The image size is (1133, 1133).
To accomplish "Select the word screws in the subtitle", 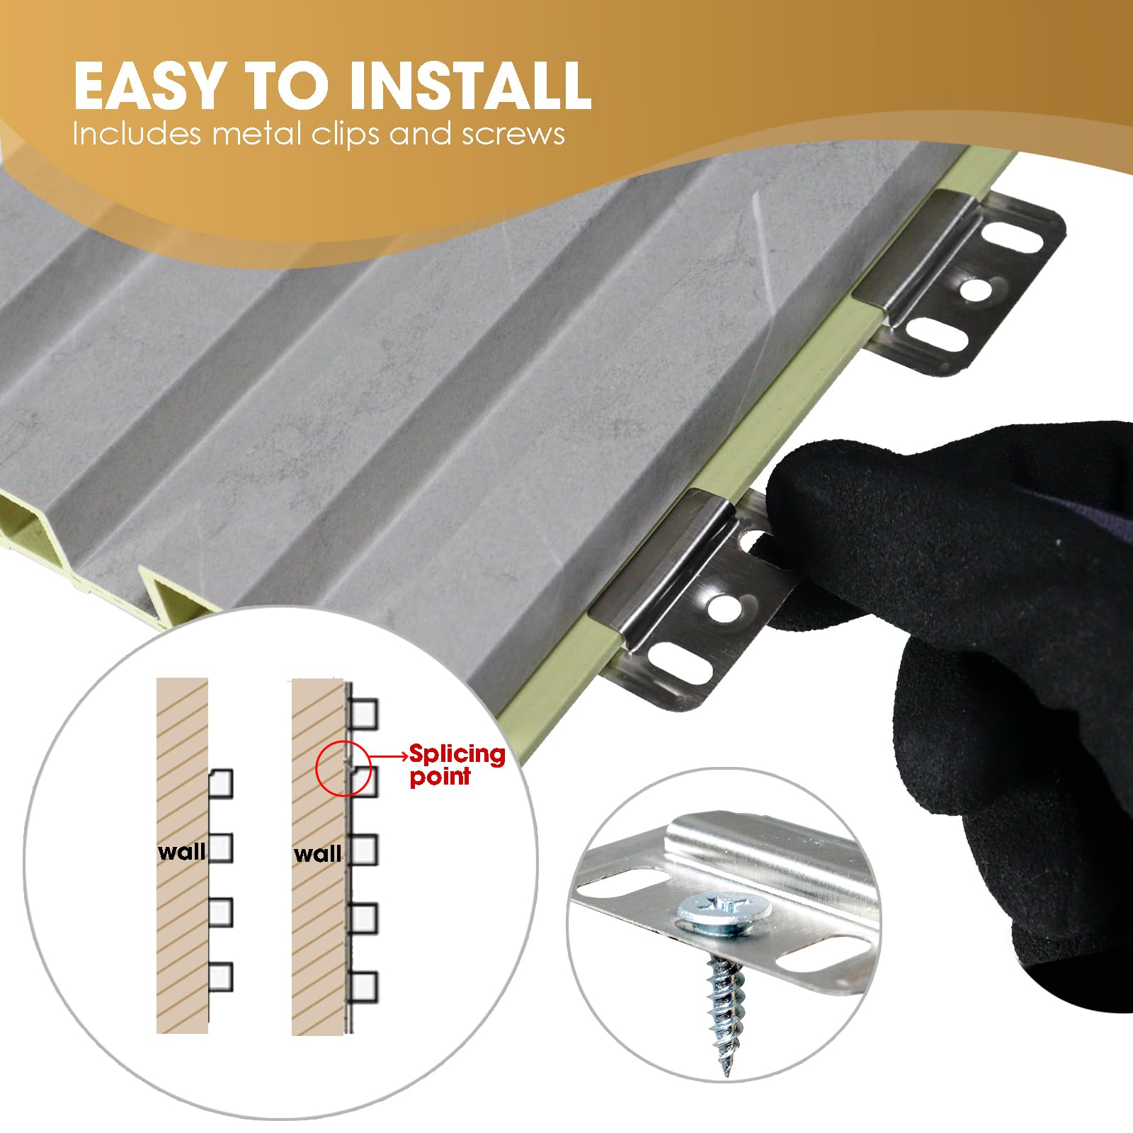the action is [x=513, y=135].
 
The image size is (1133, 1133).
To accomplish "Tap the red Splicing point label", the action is [x=457, y=765].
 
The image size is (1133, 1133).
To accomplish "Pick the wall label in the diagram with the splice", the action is [x=317, y=854].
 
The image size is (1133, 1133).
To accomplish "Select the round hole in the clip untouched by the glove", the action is [x=977, y=288].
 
